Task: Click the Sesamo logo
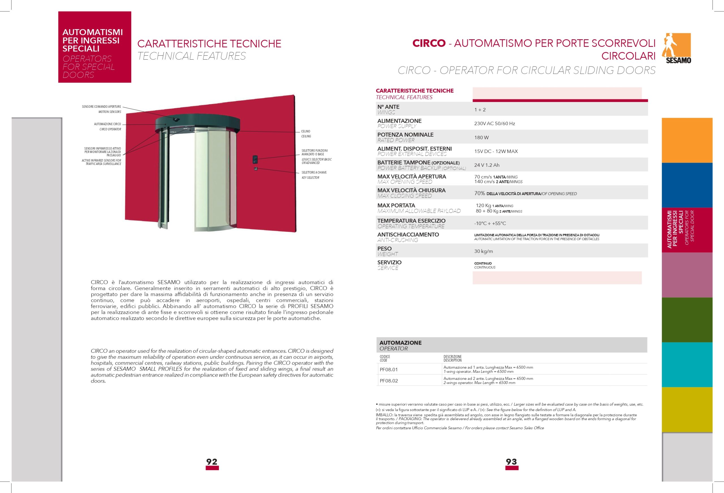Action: (x=678, y=48)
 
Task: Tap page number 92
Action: (x=212, y=462)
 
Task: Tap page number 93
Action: (x=512, y=462)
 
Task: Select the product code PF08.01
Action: (x=389, y=370)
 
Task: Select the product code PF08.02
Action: (x=389, y=381)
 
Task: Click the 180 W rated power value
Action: (x=481, y=138)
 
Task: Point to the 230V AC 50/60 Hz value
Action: (x=494, y=124)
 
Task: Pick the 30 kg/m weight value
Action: (x=484, y=251)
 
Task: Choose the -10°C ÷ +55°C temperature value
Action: (x=490, y=224)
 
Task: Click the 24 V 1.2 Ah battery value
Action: (x=487, y=165)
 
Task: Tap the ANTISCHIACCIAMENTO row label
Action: (x=408, y=235)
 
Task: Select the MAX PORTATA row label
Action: (x=396, y=206)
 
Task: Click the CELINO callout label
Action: (x=306, y=131)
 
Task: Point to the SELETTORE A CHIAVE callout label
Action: (x=314, y=172)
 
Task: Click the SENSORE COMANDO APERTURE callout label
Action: (x=101, y=107)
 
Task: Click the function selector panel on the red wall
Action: (x=255, y=159)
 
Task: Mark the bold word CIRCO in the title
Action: (x=429, y=43)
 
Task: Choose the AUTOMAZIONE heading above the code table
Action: (x=400, y=343)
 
